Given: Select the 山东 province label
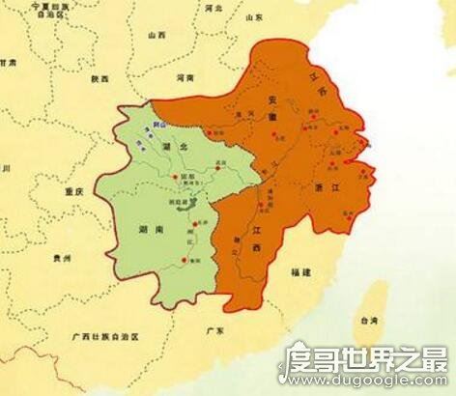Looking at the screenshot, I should [253, 17].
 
